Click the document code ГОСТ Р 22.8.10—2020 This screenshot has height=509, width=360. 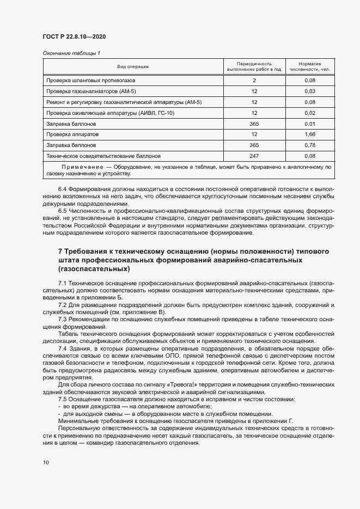pos(74,36)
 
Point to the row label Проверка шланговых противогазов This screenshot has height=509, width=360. pos(87,80)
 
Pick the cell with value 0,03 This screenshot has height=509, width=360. pos(310,91)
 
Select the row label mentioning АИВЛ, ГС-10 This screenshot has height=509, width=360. pos(111,113)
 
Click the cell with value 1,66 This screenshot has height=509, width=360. pos(310,134)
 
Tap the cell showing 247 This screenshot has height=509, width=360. pos(254,155)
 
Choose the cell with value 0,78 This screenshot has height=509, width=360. pos(310,145)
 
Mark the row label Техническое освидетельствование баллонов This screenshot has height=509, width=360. pos(103,155)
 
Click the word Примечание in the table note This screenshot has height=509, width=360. pos(82,167)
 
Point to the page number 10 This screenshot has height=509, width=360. pos(46,462)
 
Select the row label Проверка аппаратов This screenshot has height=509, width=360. pos(72,134)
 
